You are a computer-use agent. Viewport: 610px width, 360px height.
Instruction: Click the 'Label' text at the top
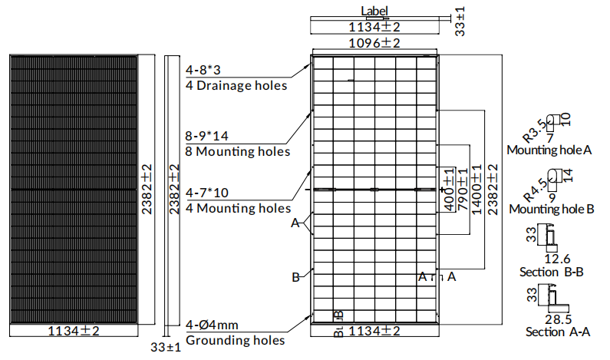[374, 11]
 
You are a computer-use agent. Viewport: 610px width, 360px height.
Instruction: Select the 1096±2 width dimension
[374, 43]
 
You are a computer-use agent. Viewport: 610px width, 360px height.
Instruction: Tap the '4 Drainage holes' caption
[236, 86]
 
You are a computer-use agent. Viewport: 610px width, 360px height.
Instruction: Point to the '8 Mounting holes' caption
[238, 151]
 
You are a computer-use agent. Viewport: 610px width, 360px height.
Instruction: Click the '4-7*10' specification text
[207, 193]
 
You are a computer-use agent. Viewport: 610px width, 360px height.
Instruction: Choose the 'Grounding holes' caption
[236, 340]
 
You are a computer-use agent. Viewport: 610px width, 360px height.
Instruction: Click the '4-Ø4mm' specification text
[212, 325]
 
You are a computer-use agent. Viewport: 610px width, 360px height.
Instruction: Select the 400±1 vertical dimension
[450, 190]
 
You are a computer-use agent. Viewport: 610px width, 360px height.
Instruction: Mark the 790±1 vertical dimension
[463, 190]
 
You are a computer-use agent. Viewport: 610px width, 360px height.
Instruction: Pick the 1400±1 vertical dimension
[477, 190]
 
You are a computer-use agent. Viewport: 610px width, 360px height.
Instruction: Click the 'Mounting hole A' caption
[549, 150]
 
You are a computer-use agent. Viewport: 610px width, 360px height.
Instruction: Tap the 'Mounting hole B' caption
[552, 209]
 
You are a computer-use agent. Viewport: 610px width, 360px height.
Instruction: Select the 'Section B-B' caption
[552, 272]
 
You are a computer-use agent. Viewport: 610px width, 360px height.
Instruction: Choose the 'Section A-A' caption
[558, 332]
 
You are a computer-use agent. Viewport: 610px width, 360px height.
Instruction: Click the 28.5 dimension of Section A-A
[559, 319]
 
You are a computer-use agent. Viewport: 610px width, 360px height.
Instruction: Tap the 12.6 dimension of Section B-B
[557, 259]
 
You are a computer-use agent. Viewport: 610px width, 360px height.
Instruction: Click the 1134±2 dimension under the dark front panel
[74, 331]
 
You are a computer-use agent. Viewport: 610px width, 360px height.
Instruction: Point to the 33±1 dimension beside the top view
[460, 21]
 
